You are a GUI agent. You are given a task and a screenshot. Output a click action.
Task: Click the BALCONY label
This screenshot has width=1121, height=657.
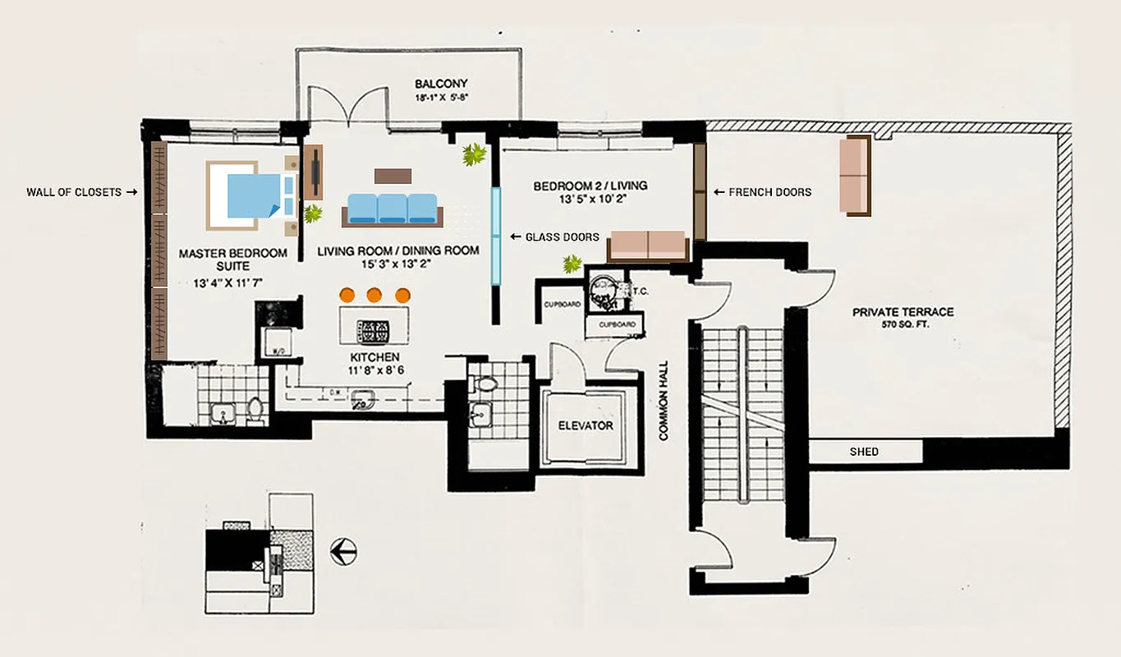click(x=441, y=84)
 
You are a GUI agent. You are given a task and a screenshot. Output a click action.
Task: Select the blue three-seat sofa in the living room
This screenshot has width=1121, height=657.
click(x=393, y=209)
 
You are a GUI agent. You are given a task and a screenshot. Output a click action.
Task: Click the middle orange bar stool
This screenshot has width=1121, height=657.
click(x=374, y=294)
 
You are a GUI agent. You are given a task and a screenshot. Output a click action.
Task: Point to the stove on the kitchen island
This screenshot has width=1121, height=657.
click(x=374, y=330)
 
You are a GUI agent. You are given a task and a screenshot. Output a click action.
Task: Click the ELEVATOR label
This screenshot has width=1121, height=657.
click(x=586, y=425)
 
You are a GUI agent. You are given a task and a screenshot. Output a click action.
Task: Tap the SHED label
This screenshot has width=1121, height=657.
click(x=864, y=452)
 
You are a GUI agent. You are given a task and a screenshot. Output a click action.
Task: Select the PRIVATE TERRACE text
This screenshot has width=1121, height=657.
click(x=903, y=312)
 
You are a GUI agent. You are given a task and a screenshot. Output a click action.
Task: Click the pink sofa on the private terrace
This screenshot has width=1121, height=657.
click(x=857, y=175)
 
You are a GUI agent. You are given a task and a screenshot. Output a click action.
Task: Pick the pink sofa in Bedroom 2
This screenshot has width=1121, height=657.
click(x=648, y=246)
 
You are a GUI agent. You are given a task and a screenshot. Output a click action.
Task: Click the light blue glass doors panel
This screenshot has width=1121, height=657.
click(x=496, y=236)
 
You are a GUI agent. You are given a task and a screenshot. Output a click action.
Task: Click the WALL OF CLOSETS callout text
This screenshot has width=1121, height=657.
click(x=74, y=192)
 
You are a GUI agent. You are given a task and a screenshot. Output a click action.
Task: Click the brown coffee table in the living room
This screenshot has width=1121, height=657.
click(x=393, y=176)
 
